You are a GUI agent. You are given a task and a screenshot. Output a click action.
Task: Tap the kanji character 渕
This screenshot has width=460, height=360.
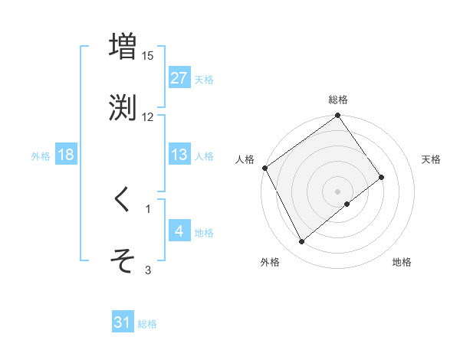click(x=123, y=106)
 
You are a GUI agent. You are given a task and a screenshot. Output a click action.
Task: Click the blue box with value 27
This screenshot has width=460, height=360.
click(x=179, y=78)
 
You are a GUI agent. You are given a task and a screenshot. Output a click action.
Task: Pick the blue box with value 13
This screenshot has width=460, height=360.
click(x=179, y=155)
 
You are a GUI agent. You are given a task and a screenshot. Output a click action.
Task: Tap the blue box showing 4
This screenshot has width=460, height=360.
click(x=179, y=231)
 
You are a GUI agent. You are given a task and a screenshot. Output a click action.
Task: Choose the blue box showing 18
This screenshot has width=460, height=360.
click(x=66, y=155)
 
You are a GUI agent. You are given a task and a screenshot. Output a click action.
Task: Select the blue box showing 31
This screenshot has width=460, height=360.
click(x=123, y=323)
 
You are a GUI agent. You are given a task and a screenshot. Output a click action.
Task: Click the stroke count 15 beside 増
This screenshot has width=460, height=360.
click(x=148, y=56)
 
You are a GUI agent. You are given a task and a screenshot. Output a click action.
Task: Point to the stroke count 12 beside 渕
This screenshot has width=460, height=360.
click(x=148, y=116)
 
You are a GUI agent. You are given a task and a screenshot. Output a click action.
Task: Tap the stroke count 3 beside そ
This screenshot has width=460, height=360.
click(x=148, y=269)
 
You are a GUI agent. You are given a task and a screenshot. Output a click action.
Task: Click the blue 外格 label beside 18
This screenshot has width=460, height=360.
click(x=41, y=155)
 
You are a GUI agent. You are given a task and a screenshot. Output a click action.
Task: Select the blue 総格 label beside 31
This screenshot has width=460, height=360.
click(x=147, y=324)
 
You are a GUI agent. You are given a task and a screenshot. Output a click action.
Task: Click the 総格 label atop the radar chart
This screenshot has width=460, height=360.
click(x=338, y=100)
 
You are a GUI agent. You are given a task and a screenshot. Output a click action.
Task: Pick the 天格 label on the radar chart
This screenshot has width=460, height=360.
click(x=432, y=159)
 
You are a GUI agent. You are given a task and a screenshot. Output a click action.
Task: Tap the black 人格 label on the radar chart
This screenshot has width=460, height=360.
click(x=245, y=159)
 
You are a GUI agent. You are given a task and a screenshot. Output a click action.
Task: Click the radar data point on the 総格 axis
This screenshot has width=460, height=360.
click(x=338, y=116)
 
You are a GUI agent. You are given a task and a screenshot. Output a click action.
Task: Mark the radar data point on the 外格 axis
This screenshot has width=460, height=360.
click(x=302, y=242)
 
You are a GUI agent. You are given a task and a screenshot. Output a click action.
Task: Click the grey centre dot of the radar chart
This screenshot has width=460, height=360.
click(x=338, y=191)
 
